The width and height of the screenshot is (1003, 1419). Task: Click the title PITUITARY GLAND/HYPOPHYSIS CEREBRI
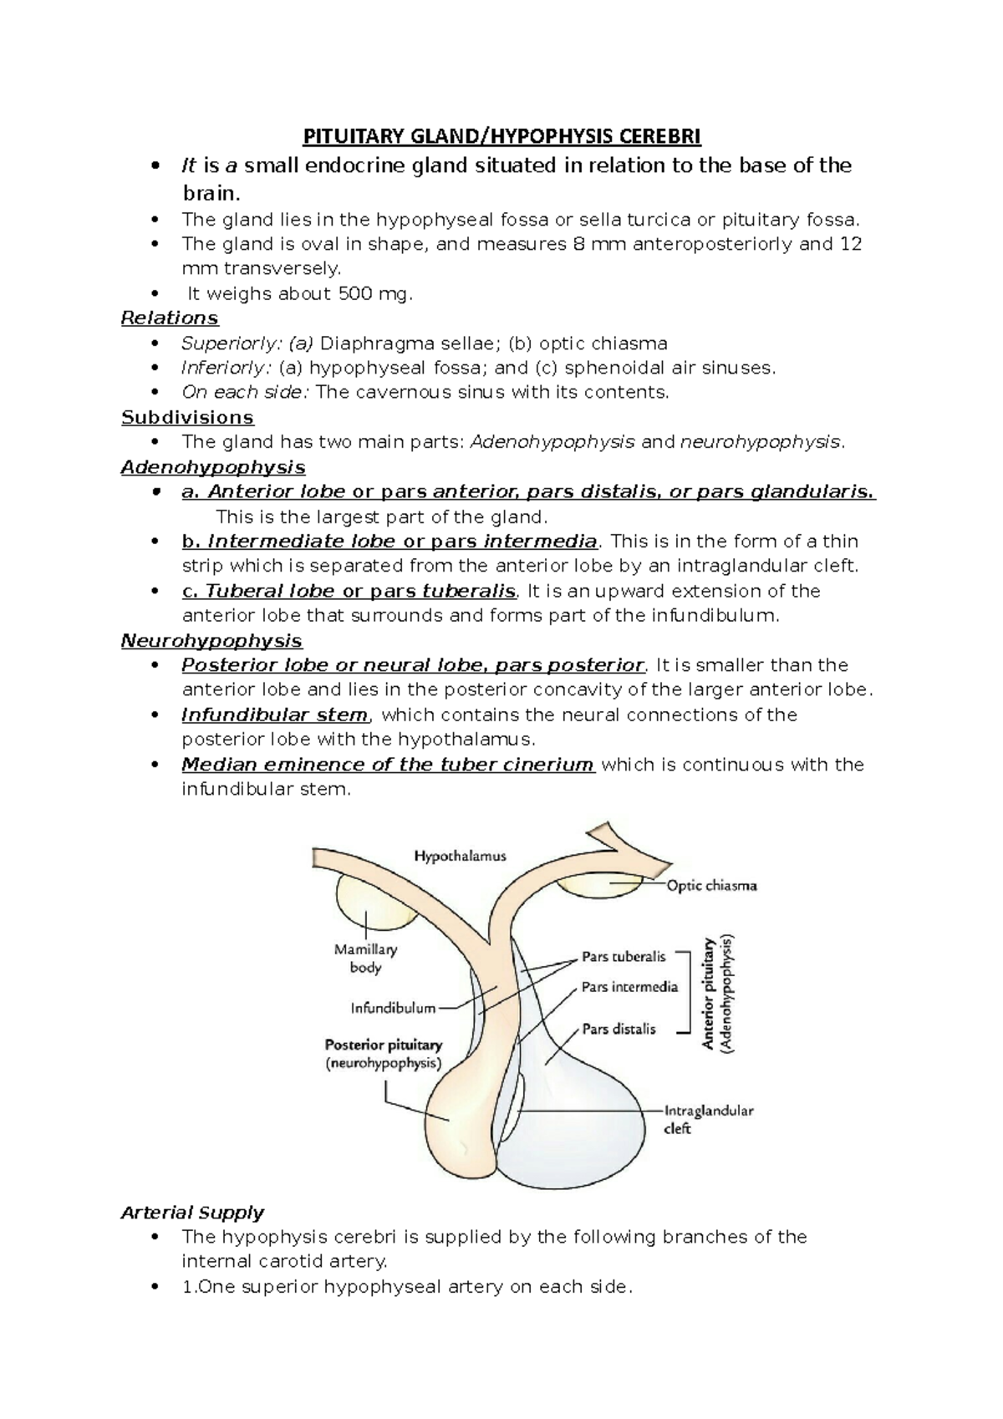(x=501, y=135)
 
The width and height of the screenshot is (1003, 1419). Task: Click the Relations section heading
(x=170, y=318)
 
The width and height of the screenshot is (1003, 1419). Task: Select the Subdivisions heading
(x=187, y=417)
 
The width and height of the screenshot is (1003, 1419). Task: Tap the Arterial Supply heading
(x=192, y=1213)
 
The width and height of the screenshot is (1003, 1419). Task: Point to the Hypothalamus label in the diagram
(x=461, y=856)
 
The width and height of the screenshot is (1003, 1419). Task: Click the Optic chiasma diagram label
(x=711, y=885)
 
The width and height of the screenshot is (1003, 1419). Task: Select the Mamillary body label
(x=365, y=959)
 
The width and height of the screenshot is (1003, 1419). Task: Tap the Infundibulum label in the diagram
(x=393, y=1008)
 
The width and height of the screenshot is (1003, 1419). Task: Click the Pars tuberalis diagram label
(x=624, y=957)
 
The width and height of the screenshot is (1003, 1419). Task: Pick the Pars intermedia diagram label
(x=629, y=987)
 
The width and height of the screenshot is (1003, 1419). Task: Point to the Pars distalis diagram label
(x=619, y=1029)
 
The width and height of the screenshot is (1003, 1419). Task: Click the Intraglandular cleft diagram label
(x=708, y=1120)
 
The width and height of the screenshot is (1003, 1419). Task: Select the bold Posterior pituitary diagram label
(x=383, y=1045)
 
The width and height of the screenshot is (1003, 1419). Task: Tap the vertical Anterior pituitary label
(x=710, y=993)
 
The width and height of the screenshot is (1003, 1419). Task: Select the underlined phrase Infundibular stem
(x=274, y=715)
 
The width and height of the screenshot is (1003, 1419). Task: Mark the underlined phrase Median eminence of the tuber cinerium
(x=387, y=765)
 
